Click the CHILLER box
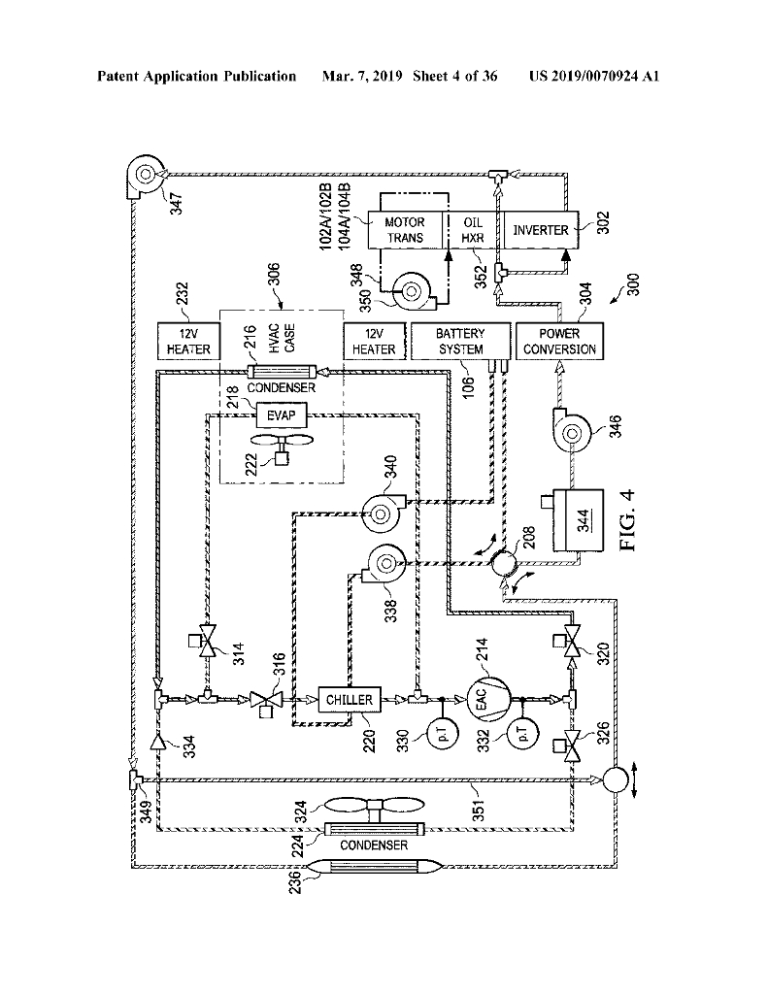350,699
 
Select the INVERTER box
541,230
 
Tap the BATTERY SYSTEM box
459,341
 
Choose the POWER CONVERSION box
558,341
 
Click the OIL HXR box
473,230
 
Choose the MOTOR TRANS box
405,230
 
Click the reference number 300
632,284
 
